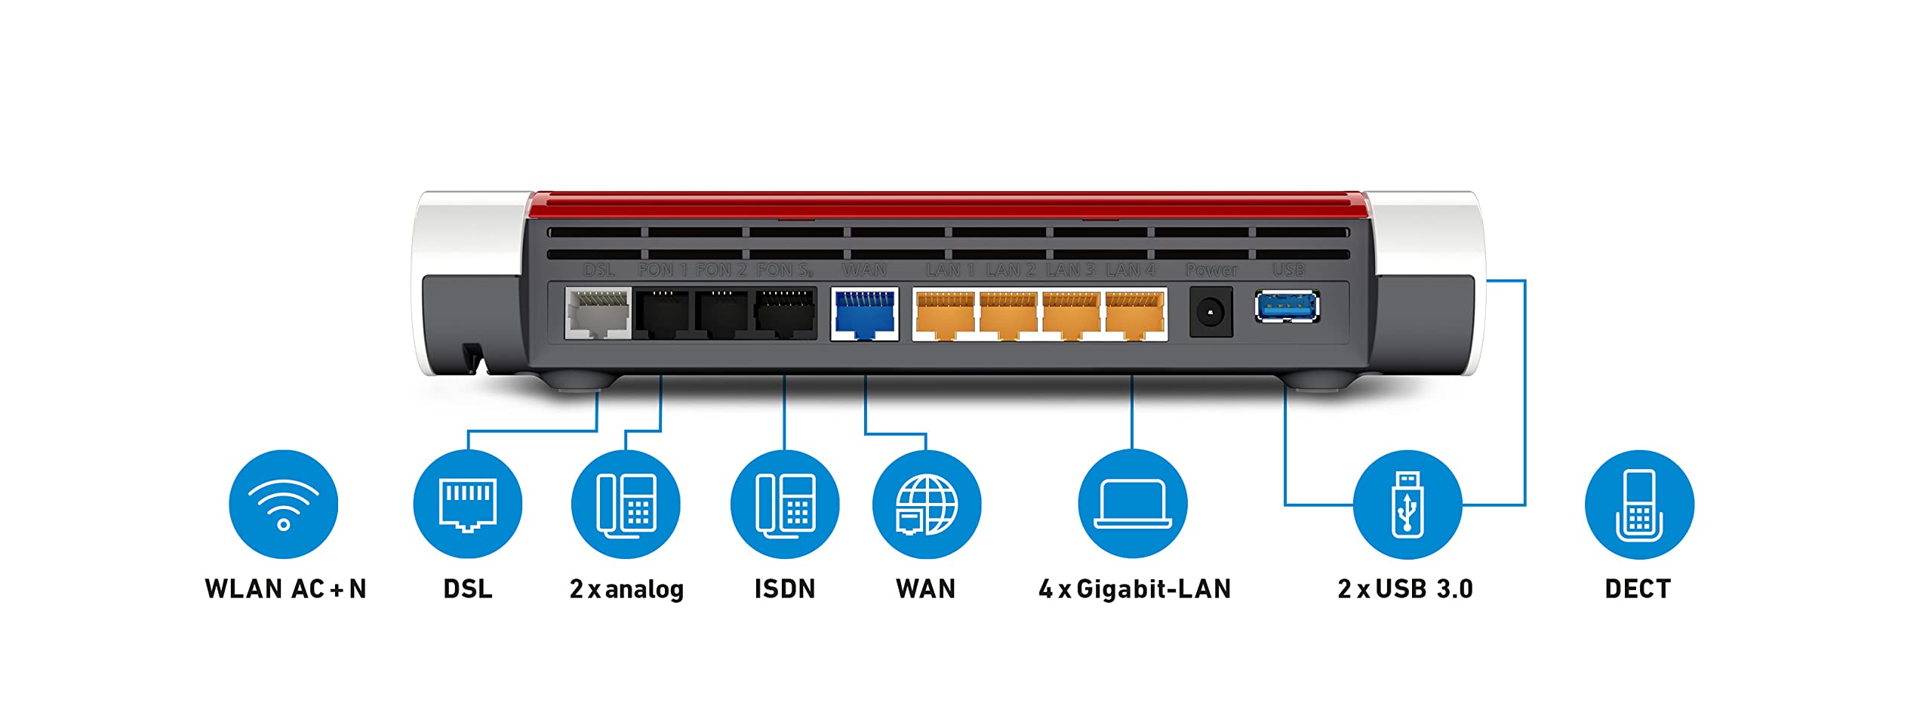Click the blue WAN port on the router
point(864,313)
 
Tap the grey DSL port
point(598,313)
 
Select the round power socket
point(1211,312)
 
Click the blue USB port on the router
point(1287,307)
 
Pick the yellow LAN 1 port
point(944,314)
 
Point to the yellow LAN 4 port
point(1134,314)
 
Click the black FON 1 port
point(662,313)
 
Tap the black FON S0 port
point(785,313)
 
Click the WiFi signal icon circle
point(283,505)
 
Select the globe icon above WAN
point(926,505)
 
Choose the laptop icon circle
point(1132,505)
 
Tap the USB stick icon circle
point(1407,505)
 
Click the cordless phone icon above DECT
point(1638,505)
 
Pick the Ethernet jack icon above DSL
point(467,505)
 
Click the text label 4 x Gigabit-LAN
point(1134,589)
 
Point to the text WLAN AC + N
point(285,589)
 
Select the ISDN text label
point(785,589)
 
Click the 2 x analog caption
point(626,589)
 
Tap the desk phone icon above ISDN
point(785,505)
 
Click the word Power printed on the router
point(1211,270)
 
